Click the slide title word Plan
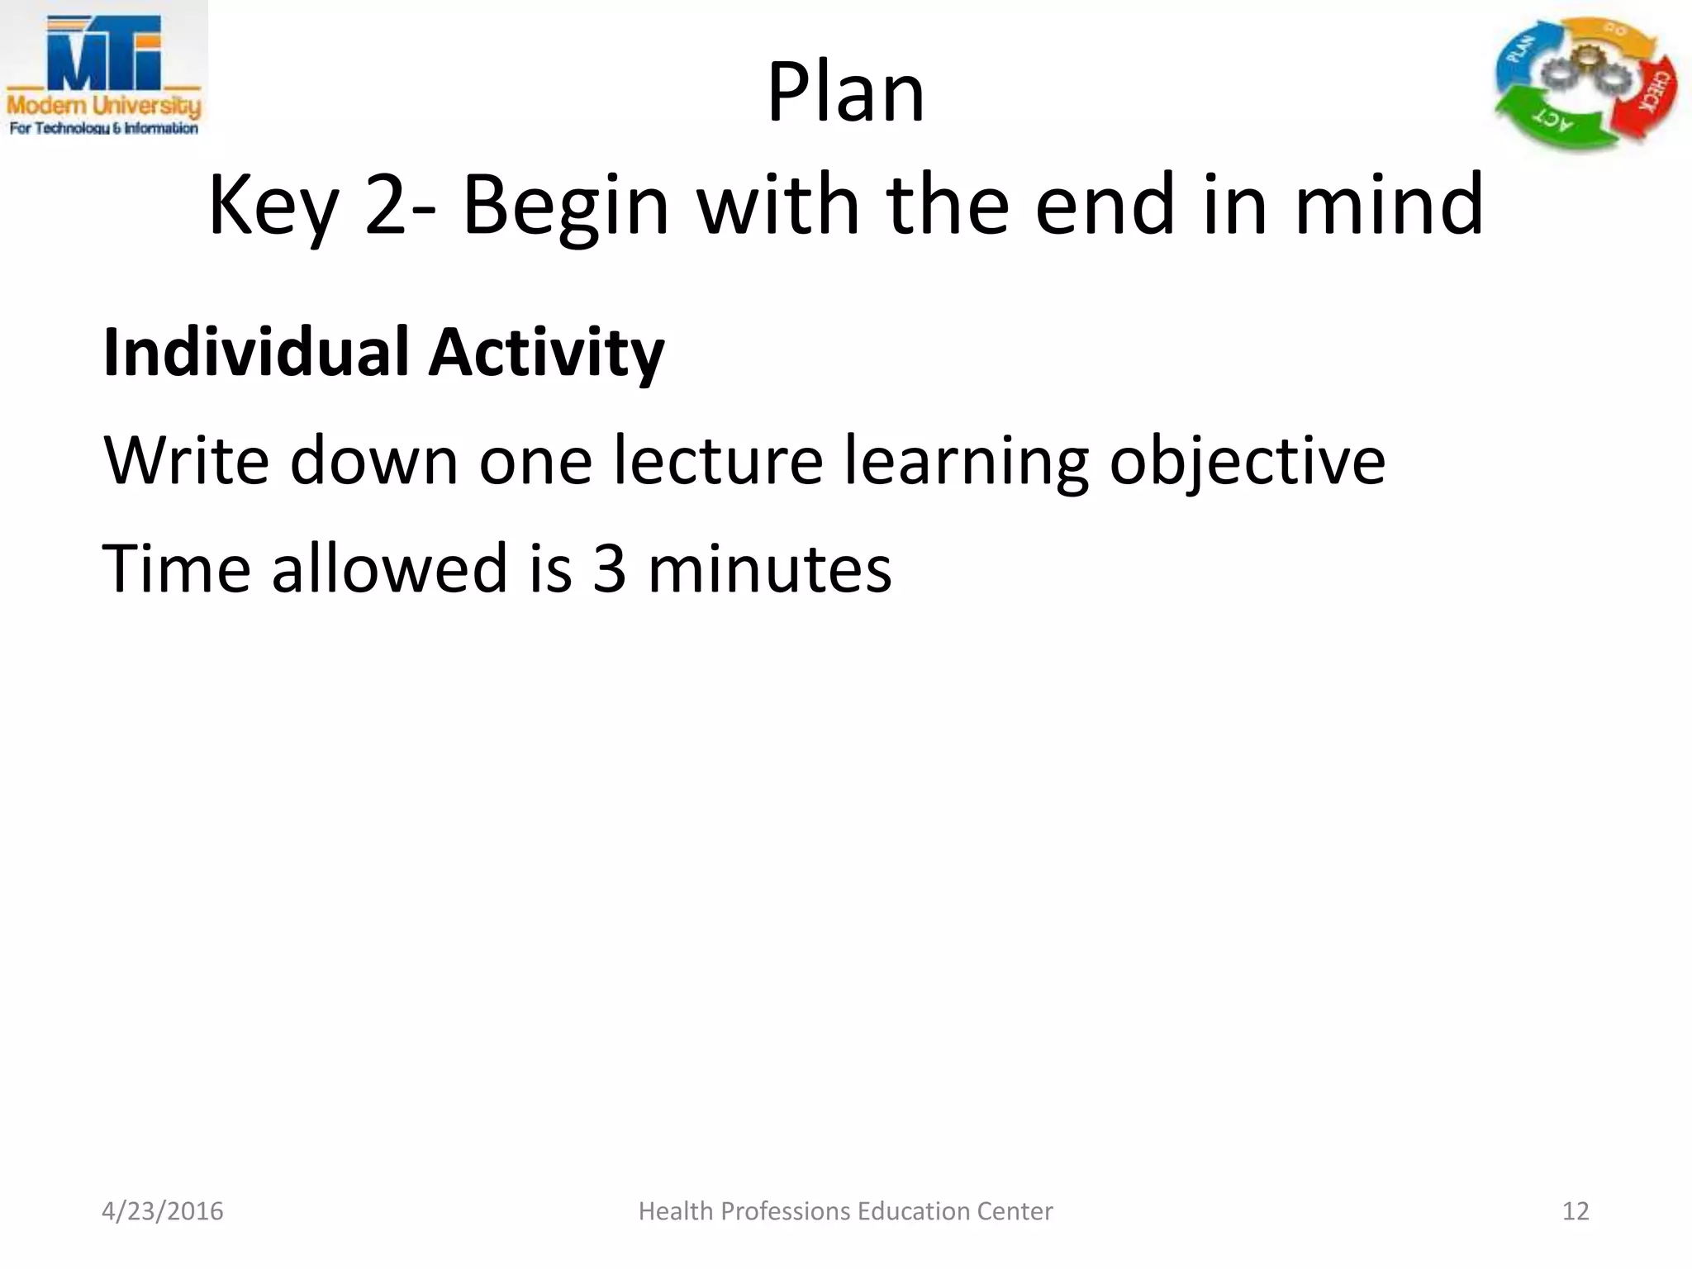click(845, 93)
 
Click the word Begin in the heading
click(565, 207)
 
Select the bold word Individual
click(255, 352)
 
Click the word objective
click(1247, 462)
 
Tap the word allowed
click(389, 568)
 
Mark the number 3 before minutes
click(610, 569)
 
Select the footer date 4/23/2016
click(163, 1211)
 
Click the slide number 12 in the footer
click(1576, 1211)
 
